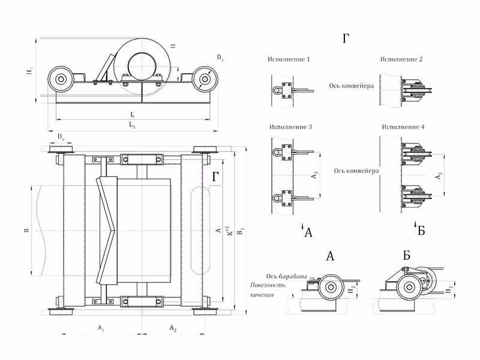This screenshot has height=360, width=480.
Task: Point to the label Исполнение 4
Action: point(401,128)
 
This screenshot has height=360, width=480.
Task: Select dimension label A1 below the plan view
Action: point(101,328)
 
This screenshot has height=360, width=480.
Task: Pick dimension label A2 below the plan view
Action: point(172,328)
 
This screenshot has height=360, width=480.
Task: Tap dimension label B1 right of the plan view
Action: point(241,230)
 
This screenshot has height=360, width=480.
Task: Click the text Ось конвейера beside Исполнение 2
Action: point(352,85)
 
